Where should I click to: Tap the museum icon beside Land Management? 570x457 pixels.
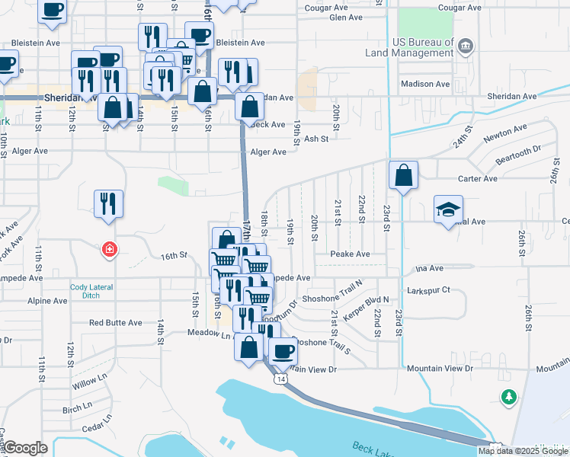(x=466, y=47)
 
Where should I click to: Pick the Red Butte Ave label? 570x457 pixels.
(x=116, y=323)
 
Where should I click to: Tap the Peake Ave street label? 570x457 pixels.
(x=350, y=254)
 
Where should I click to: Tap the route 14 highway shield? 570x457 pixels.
(x=282, y=379)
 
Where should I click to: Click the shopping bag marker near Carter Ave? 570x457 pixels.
(x=403, y=175)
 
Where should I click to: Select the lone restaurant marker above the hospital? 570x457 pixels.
(x=108, y=203)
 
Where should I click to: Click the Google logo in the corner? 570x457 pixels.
(x=25, y=449)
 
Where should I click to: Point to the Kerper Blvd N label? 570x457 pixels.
(x=368, y=304)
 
